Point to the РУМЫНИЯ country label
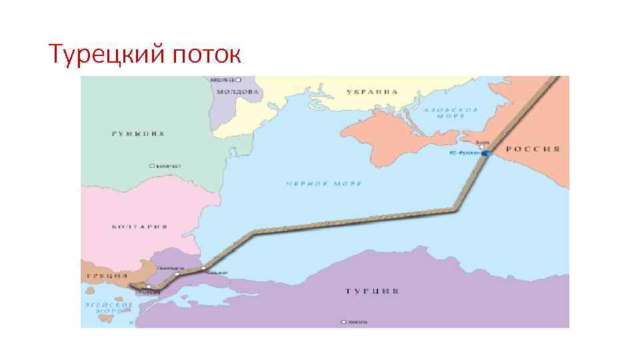click(x=137, y=133)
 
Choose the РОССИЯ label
click(x=531, y=149)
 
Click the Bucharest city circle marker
click(x=152, y=166)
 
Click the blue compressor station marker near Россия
click(x=486, y=153)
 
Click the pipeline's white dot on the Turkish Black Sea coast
click(x=203, y=268)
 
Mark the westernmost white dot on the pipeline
click(x=149, y=287)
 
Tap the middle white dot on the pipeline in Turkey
click(x=177, y=274)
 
